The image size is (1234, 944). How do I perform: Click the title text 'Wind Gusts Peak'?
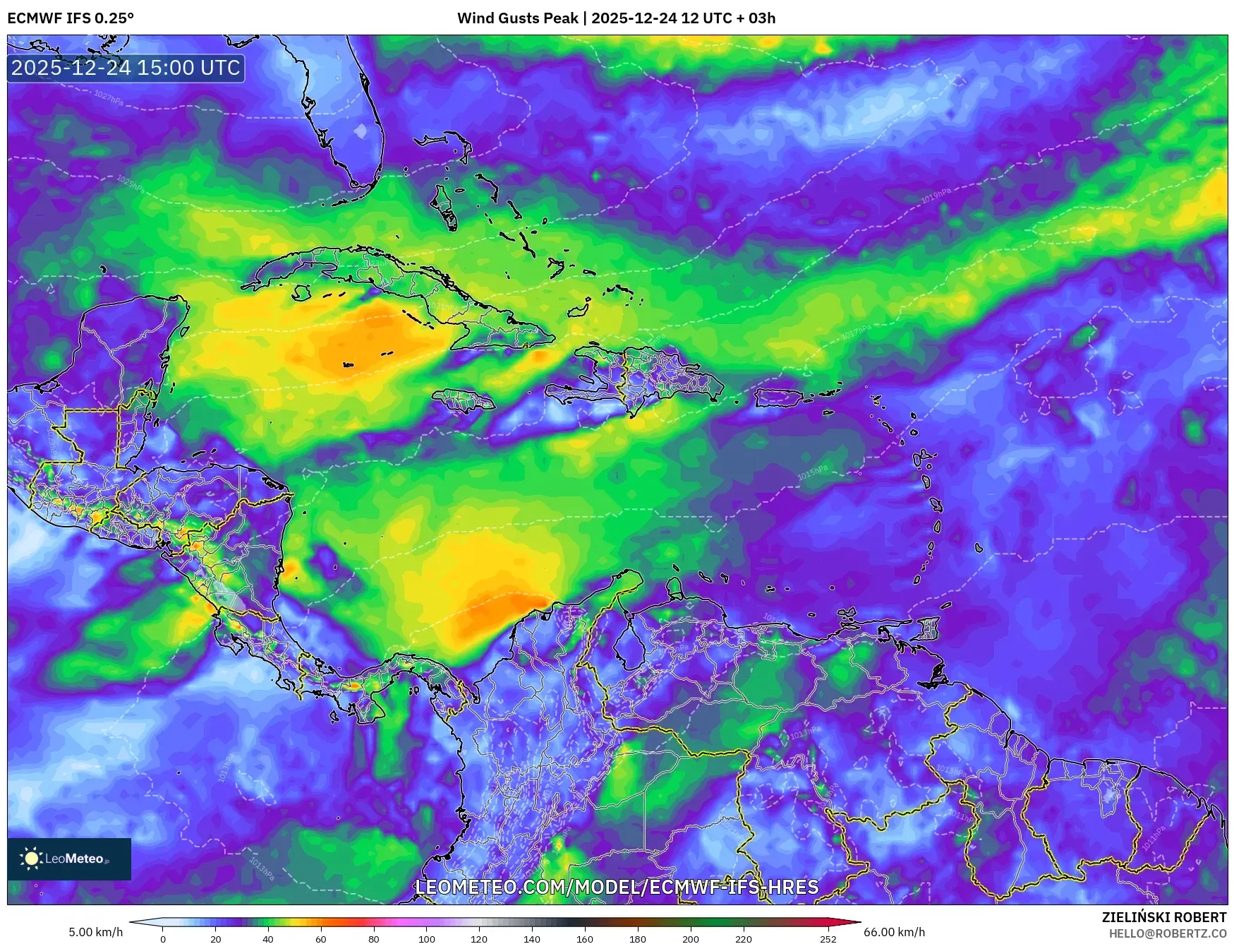517,18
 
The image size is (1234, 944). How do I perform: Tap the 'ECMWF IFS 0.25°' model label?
71,18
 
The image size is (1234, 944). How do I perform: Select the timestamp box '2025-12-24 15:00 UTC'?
126,68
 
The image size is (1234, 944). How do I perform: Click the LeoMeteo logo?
69,859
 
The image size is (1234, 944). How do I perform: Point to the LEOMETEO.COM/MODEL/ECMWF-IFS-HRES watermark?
617,887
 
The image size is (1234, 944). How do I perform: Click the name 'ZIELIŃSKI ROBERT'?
1163,917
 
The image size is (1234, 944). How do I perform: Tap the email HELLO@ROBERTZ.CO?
1167,933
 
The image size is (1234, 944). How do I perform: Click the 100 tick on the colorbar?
426,938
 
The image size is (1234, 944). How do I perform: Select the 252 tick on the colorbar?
828,938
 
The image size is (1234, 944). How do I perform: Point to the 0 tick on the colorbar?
163,938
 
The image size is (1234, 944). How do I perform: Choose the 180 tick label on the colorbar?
637,938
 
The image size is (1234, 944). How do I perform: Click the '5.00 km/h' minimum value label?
96,932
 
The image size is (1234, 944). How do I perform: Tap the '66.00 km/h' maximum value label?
894,932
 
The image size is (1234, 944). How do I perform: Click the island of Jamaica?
464,401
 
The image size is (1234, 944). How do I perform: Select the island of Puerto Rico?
784,398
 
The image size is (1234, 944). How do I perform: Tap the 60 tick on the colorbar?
321,938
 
